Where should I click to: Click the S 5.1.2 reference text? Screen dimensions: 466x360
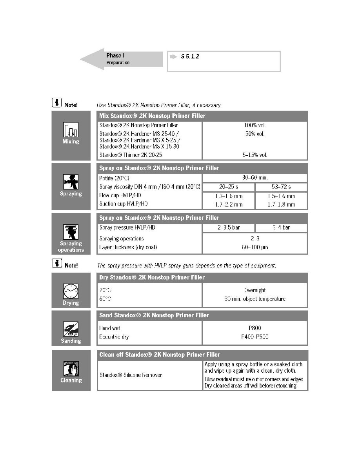(190, 57)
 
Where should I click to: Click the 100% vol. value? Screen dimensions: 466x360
(255, 125)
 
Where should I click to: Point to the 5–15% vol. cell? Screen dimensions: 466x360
(255, 155)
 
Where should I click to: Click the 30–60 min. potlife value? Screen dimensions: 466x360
(255, 177)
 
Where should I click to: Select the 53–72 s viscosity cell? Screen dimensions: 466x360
(281, 187)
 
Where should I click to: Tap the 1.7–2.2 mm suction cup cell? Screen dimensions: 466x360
(229, 204)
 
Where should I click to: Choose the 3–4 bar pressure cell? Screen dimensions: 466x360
(281, 228)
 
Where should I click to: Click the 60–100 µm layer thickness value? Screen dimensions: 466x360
(255, 247)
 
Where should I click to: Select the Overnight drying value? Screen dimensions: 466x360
(255, 290)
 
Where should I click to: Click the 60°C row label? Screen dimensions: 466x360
(105, 299)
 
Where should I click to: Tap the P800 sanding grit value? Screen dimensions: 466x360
(255, 328)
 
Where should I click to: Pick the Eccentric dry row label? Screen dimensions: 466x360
(114, 337)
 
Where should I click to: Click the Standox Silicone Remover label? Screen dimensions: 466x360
(131, 375)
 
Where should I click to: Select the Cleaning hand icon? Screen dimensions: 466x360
(71, 369)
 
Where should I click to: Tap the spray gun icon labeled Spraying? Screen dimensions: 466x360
(71, 182)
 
